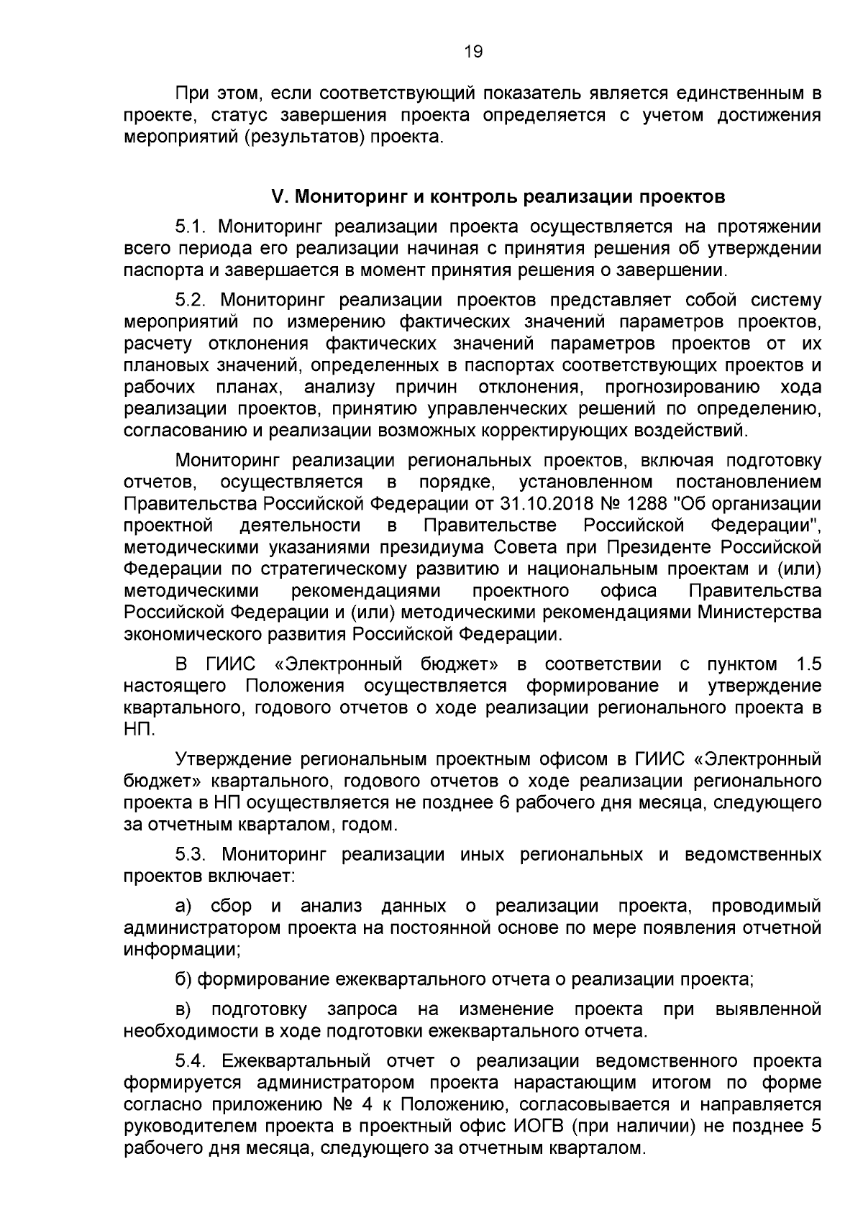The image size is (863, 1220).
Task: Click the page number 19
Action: click(x=473, y=52)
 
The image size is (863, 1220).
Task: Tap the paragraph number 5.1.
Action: click(x=191, y=228)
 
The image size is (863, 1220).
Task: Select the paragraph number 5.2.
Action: click(x=191, y=300)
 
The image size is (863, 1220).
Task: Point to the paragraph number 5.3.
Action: click(x=191, y=855)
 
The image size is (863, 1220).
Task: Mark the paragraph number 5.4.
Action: click(x=191, y=1061)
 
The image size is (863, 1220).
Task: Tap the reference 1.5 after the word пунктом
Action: click(x=808, y=664)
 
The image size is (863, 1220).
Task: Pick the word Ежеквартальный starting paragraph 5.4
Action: click(x=296, y=1061)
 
